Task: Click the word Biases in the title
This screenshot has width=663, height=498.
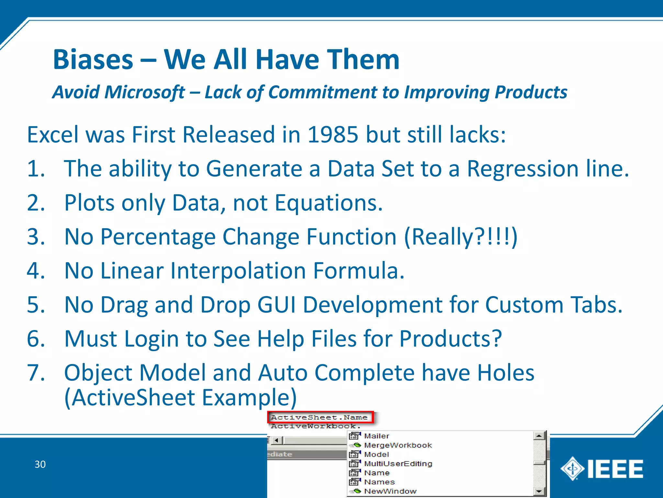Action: click(x=93, y=60)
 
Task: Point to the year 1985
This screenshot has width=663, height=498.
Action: click(x=333, y=135)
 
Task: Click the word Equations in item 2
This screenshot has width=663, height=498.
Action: click(x=329, y=203)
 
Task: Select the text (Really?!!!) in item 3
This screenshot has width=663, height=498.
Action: click(x=461, y=237)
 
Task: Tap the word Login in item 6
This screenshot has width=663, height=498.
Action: click(x=151, y=339)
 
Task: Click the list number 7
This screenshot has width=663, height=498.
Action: click(x=36, y=373)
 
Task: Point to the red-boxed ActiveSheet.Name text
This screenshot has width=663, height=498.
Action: click(x=320, y=417)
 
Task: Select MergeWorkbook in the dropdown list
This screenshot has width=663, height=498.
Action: click(x=398, y=445)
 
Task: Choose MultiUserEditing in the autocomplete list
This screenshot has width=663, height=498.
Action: click(x=398, y=464)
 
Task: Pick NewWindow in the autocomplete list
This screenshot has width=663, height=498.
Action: click(x=390, y=492)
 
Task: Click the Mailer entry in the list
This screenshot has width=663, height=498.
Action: click(x=376, y=436)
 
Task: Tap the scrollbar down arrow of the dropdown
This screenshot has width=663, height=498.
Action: click(x=539, y=492)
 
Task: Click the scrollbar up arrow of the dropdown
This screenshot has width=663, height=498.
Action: click(x=539, y=436)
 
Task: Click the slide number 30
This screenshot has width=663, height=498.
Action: click(x=40, y=464)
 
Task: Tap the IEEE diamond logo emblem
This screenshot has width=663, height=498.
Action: click(x=572, y=468)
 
